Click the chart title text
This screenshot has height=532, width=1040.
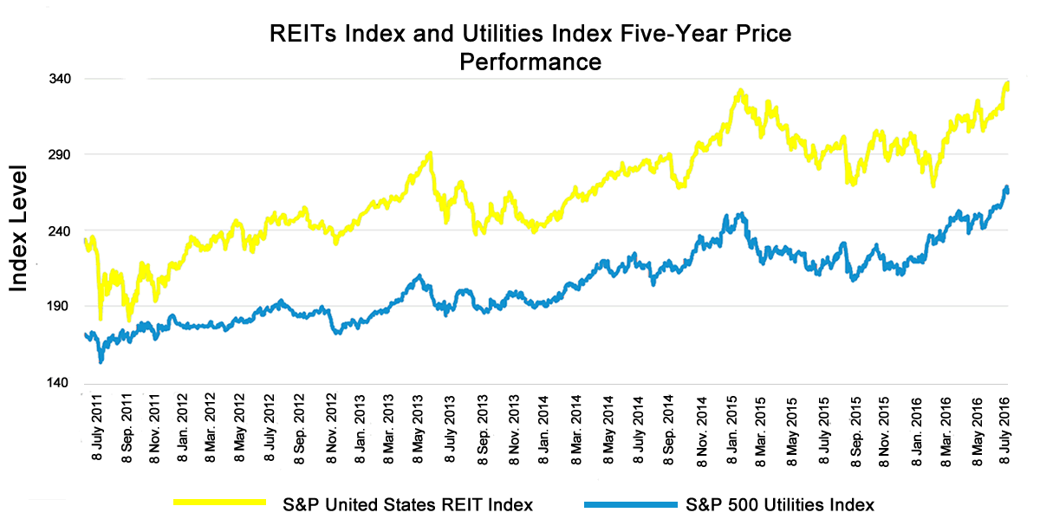tap(530, 48)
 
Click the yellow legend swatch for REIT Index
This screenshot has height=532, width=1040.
tap(219, 503)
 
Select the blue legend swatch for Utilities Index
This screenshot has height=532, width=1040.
tap(630, 503)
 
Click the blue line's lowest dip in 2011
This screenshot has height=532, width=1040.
tap(101, 360)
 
